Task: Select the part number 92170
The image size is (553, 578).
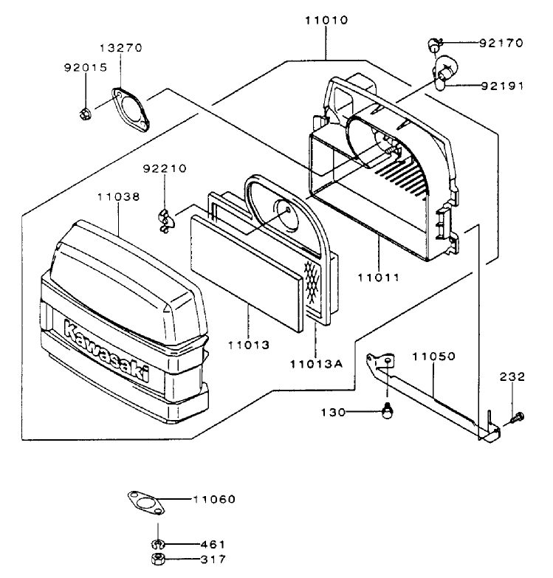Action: (x=501, y=43)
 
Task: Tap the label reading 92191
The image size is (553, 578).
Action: (x=501, y=86)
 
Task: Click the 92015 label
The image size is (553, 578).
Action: (x=85, y=67)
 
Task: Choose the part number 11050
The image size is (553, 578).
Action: (x=433, y=357)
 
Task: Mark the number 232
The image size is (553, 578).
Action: (x=512, y=376)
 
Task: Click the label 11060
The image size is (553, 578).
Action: (x=214, y=500)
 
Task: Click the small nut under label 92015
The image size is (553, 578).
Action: (x=85, y=113)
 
